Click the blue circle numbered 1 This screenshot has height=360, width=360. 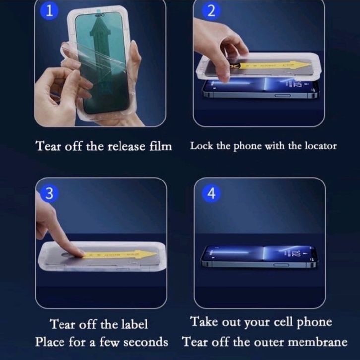(x=49, y=11)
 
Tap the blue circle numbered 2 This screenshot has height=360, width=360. (x=211, y=11)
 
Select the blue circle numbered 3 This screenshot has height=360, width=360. (x=49, y=193)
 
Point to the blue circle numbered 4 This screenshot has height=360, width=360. (x=211, y=193)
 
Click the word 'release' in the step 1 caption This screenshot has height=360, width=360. (x=126, y=146)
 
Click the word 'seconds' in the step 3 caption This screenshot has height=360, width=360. (x=146, y=342)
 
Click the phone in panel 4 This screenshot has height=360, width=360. (x=259, y=257)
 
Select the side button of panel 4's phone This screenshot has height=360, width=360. (x=281, y=265)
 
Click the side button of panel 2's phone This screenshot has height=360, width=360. (x=282, y=95)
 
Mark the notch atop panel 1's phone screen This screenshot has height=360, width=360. (x=99, y=15)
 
